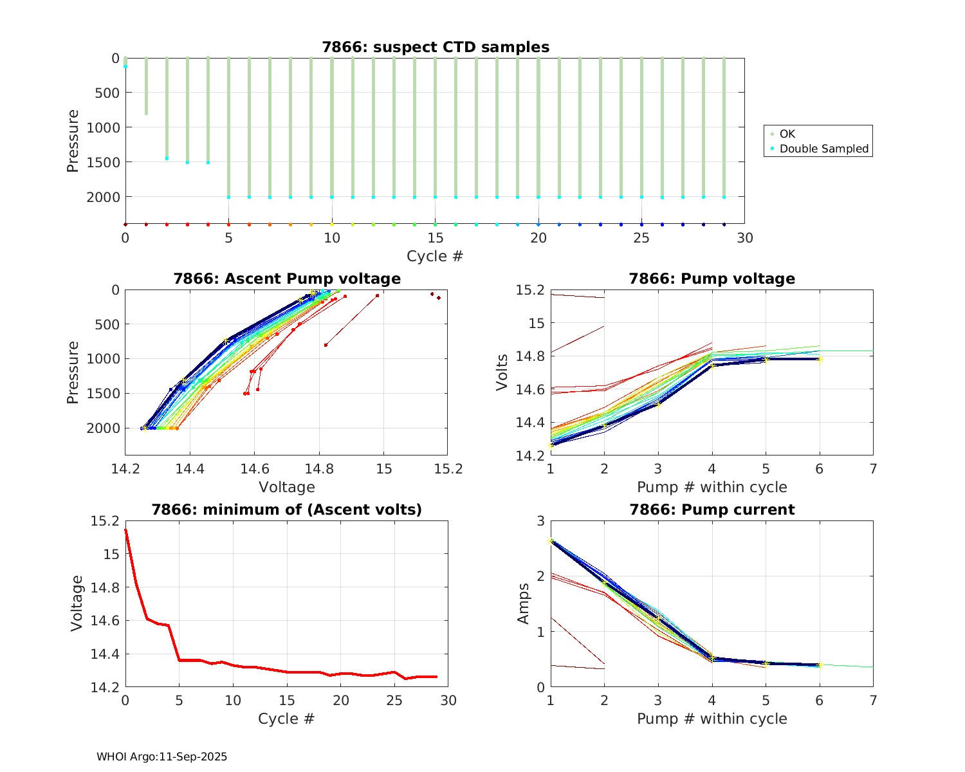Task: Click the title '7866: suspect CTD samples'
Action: click(436, 47)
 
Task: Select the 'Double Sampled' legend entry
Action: click(824, 149)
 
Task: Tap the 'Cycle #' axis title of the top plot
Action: click(435, 256)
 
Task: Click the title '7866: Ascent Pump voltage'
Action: click(287, 279)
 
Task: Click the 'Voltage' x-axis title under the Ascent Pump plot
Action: click(287, 487)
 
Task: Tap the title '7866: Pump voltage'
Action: click(712, 279)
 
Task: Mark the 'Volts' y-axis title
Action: click(502, 372)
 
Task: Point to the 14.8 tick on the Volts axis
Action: click(531, 356)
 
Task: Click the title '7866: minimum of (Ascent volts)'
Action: click(287, 510)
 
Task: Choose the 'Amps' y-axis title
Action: click(524, 603)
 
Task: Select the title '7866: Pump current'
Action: click(712, 510)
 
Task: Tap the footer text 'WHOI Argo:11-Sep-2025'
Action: click(161, 757)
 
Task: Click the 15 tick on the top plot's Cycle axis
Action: click(435, 238)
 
